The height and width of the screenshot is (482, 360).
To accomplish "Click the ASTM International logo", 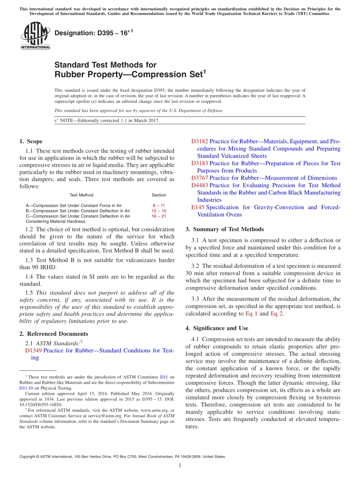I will coord(35,36).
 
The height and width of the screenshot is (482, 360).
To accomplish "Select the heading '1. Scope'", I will coord(31,141).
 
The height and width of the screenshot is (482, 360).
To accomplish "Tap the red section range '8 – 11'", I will coord(159,205).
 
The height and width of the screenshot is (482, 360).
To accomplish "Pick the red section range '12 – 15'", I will coord(159,211).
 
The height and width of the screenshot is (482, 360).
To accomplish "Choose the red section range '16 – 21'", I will coord(159,216).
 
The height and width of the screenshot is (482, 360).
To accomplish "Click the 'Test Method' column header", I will coord(81,195).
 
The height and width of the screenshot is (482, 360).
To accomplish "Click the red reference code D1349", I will coord(33,351).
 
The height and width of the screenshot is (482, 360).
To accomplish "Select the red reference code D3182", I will coord(199,141).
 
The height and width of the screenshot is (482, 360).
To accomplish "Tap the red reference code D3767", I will coord(199,178).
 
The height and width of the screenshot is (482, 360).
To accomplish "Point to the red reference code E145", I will coord(198,207).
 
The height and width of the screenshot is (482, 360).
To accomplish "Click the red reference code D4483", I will coord(199,185).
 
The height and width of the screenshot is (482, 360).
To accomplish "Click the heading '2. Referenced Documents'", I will coord(53,334).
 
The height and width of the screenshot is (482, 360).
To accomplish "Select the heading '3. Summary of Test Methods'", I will coord(224,229).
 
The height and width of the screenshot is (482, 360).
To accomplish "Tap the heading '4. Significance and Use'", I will coord(217,328).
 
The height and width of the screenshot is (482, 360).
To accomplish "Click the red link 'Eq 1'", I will coord(251,313).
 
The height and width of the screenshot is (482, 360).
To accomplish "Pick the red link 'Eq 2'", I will coord(277,313).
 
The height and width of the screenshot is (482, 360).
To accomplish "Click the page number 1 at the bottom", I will coord(180,466).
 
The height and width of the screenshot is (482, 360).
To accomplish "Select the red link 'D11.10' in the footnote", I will coord(26,388).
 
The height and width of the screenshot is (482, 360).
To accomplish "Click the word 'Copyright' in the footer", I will coord(28,457).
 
